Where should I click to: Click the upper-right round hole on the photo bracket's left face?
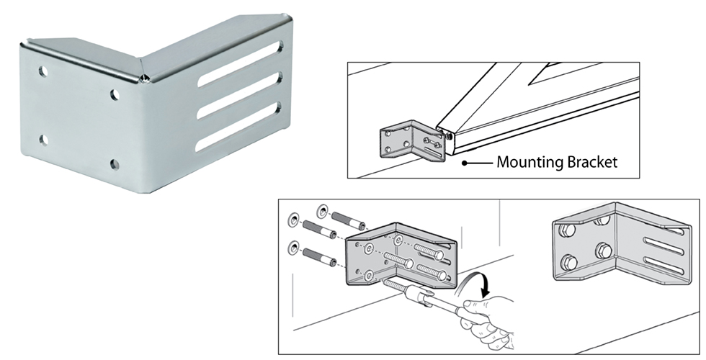115,94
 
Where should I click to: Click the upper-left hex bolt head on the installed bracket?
566,232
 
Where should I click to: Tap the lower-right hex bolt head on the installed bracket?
602,252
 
